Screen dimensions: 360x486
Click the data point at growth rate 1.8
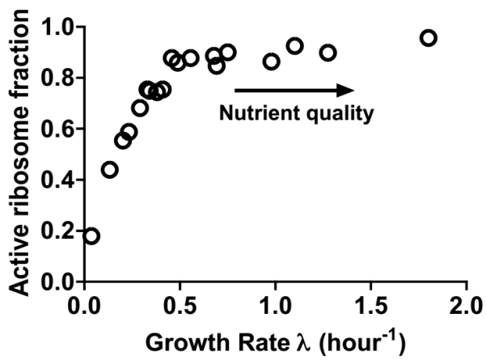pos(429,37)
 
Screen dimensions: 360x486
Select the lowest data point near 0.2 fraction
pos(91,235)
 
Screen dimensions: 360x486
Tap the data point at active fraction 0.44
pos(110,170)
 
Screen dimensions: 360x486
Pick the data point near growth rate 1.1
pos(295,45)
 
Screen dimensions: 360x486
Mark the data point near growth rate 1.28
pos(328,53)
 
